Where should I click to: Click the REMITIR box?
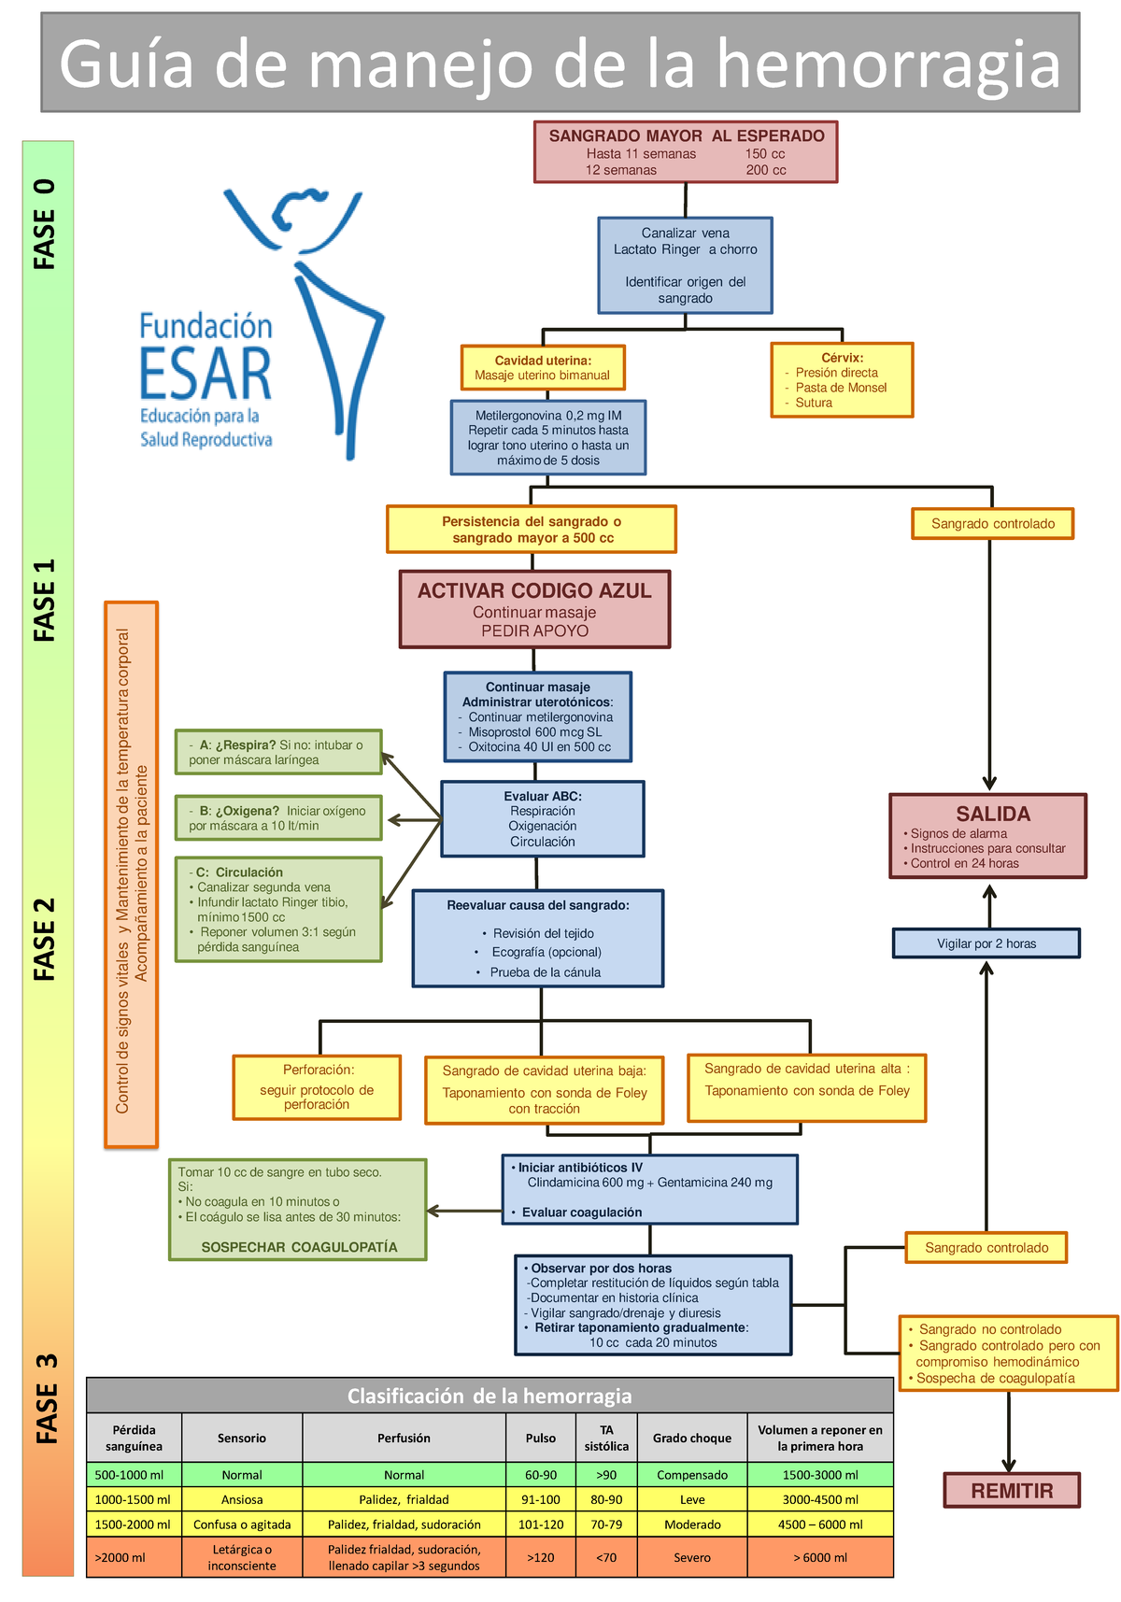pos(1012,1490)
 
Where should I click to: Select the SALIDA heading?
pos(993,814)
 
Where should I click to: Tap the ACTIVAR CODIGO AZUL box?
pos(535,609)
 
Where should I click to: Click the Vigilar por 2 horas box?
pos(986,943)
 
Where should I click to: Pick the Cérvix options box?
pos(842,379)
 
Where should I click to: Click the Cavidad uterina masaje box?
pos(543,367)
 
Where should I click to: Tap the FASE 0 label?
pos(45,224)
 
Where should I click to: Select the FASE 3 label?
pos(47,1398)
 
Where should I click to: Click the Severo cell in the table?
pos(692,1557)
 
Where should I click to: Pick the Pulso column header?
pos(541,1438)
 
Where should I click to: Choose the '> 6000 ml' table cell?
pos(820,1557)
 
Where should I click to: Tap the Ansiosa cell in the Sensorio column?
pos(242,1499)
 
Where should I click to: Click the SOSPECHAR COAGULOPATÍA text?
pos(300,1247)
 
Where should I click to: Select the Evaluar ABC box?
pos(543,819)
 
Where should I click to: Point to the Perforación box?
pos(317,1087)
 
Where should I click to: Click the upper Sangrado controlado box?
pos(993,523)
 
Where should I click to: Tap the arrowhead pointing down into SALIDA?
pos(989,783)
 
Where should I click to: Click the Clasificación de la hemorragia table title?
pos(490,1396)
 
